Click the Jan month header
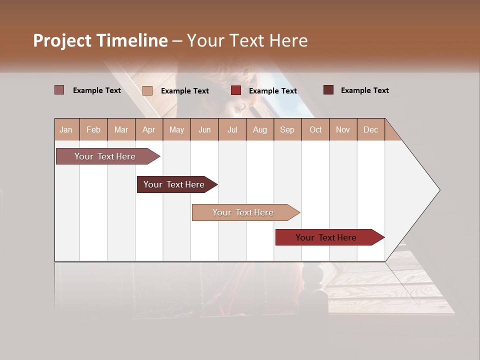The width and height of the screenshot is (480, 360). coord(66,129)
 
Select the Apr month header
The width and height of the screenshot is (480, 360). coord(148,129)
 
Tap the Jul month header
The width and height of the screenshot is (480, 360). coord(232,129)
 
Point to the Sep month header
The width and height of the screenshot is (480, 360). coord(287,129)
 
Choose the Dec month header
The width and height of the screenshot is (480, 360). coord(370,129)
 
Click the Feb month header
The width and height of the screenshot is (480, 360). coord(93,129)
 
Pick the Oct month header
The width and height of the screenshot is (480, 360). coord(315,129)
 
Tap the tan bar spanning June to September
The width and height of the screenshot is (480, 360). coord(243,212)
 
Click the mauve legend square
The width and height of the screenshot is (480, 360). coord(59,90)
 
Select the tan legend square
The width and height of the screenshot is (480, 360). coord(147,90)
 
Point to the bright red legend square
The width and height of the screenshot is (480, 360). coord(236,90)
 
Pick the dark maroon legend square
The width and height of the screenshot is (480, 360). coord(328,90)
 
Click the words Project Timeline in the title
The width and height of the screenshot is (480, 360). coord(100,40)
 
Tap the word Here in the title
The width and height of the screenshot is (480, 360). coord(288,40)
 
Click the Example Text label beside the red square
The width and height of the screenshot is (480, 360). coord(272,91)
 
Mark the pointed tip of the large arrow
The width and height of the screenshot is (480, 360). coord(439,190)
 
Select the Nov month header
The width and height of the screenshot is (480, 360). coord(343,129)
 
